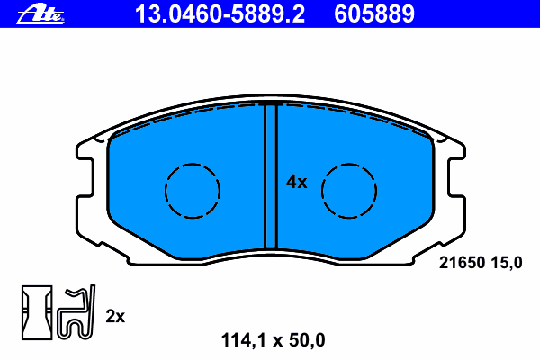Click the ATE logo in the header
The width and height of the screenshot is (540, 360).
click(40, 14)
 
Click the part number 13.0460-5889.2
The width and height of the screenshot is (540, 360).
click(220, 14)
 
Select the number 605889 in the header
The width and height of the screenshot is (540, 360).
click(374, 14)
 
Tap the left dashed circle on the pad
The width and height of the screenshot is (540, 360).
click(193, 191)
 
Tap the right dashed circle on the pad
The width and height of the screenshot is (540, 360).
click(349, 191)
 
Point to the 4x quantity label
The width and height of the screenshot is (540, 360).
click(296, 182)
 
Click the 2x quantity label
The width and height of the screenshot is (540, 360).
click(115, 316)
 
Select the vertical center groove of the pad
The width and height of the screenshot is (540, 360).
click(271, 175)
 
